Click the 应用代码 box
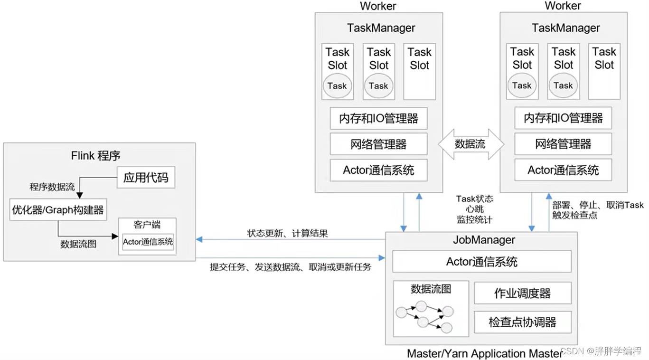(146, 178)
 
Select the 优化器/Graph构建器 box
(58, 209)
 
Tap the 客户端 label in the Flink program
(147, 225)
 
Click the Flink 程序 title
(95, 156)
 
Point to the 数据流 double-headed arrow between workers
(471, 144)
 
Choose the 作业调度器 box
(523, 293)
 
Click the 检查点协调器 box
(523, 322)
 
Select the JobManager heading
(484, 240)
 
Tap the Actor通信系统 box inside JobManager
(482, 261)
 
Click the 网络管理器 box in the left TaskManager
(379, 144)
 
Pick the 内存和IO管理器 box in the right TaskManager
(563, 118)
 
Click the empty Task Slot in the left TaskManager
(420, 72)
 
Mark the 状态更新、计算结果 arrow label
(287, 233)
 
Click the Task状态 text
(475, 199)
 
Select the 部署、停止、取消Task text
(598, 205)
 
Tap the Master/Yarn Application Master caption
(484, 354)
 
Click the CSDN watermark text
(601, 351)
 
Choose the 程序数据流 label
(52, 187)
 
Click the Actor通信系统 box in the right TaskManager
(563, 170)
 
